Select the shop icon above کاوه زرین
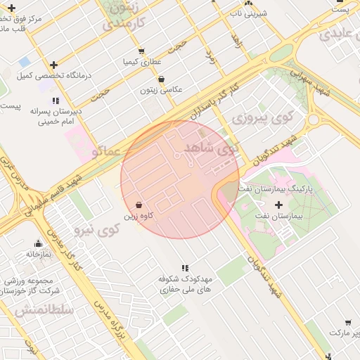pos(139,205)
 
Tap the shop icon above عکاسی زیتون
pos(162,79)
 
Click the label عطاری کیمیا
pos(138,62)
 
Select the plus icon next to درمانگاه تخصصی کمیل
pos(53,65)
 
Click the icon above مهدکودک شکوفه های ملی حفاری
pos(185,268)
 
